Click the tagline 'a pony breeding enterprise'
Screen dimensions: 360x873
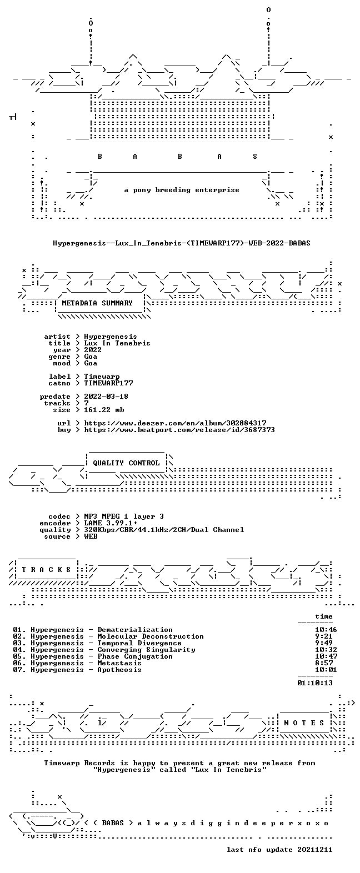(181, 190)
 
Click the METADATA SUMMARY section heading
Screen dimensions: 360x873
(97, 303)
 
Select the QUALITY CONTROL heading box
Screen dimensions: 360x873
(126, 463)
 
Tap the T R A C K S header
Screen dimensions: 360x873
(46, 570)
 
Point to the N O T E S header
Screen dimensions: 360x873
(304, 723)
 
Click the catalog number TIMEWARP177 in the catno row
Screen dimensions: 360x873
(108, 383)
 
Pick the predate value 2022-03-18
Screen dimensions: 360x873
(106, 397)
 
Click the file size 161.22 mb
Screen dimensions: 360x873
(104, 410)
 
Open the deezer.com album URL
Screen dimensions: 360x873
(175, 423)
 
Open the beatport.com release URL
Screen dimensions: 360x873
(179, 430)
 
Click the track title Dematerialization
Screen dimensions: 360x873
(135, 630)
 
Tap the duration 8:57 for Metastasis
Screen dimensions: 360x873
(324, 663)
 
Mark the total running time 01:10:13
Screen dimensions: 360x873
(315, 683)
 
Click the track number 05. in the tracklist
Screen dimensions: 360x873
(19, 656)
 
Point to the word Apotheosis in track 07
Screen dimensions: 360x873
(119, 670)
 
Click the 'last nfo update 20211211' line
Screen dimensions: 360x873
(279, 850)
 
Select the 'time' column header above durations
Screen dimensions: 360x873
(324, 616)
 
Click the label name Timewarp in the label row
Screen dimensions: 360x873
(102, 377)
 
